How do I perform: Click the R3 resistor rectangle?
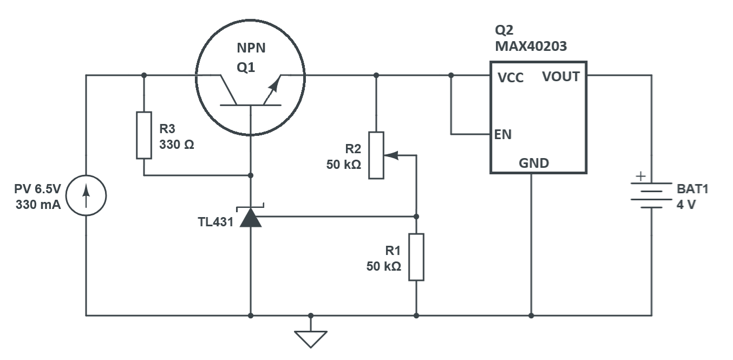click(144, 135)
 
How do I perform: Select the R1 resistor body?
click(416, 257)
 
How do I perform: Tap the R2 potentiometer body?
click(376, 155)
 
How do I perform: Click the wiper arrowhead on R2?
click(391, 155)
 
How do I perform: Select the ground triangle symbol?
click(311, 339)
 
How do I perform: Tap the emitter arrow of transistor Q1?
click(272, 90)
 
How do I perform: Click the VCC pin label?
click(511, 77)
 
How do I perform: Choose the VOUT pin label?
click(561, 76)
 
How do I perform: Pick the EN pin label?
click(502, 134)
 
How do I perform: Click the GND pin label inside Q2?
click(534, 163)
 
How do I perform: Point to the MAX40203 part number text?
click(531, 46)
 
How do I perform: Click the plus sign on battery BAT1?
click(641, 176)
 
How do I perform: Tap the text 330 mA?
click(38, 205)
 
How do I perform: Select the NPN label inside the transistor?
click(251, 48)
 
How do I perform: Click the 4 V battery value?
click(686, 205)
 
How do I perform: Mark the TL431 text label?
click(215, 222)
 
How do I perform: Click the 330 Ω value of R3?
click(176, 145)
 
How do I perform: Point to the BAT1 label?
click(692, 189)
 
